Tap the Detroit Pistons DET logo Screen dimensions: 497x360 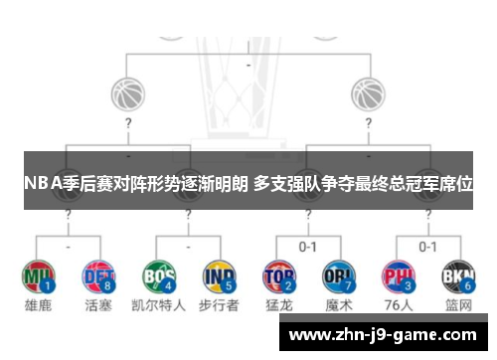point(96,273)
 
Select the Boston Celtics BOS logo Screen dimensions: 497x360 point(159,273)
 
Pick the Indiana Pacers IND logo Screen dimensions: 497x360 point(218,273)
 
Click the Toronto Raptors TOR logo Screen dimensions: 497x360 point(278,273)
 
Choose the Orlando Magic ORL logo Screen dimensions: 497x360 point(338,273)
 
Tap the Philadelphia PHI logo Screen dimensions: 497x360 point(398,273)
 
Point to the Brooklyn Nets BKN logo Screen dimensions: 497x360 point(456,273)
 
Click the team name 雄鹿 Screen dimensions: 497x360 point(38,305)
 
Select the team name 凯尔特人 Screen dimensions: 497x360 point(159,305)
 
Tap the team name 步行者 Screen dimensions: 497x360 point(219,305)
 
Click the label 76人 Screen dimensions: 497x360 point(398,305)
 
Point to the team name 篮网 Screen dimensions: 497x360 point(458,305)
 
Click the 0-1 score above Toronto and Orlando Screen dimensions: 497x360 point(308,246)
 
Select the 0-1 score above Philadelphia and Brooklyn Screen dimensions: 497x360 point(427,246)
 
